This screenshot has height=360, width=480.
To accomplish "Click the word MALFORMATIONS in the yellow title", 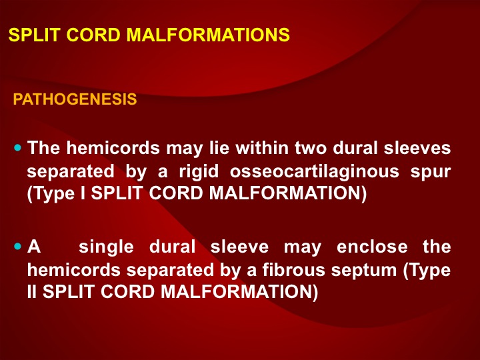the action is click(208, 35).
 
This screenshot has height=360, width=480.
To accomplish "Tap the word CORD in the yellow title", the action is click(93, 35).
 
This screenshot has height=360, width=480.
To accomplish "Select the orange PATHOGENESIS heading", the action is click(75, 99).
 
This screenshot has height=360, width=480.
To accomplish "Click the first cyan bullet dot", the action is click(18, 148).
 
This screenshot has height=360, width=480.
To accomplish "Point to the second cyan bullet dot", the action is click(18, 247).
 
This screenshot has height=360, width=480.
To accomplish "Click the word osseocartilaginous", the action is click(315, 171).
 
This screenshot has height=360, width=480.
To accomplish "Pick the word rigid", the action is click(199, 171).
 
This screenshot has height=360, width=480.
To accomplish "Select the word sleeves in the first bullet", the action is click(417, 148).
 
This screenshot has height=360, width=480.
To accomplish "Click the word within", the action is click(262, 148).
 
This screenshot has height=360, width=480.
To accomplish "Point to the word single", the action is click(106, 247).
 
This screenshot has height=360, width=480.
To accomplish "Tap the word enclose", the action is click(372, 247).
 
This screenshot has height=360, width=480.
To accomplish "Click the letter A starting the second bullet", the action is click(34, 247).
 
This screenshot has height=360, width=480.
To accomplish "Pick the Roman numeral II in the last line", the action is click(32, 291).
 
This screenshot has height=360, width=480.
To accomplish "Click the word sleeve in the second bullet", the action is click(239, 247).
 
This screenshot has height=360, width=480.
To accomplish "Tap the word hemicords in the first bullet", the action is click(113, 148).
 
